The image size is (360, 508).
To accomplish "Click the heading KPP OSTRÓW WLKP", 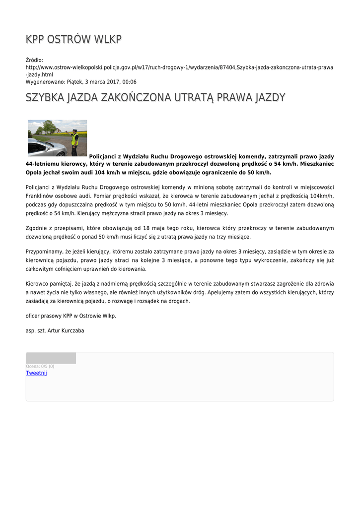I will (73, 39).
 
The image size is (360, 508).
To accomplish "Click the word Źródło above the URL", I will (34, 60).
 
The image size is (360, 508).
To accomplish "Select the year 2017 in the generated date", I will (116, 82).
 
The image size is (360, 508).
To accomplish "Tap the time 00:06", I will (130, 82).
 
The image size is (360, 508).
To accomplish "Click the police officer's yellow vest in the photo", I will (75, 140).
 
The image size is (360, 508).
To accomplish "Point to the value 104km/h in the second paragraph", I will (320, 195).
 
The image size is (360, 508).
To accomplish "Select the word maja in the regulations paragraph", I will (164, 228).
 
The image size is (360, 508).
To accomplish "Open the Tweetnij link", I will (36, 373).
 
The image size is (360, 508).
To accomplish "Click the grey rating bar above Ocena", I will (51, 358).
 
